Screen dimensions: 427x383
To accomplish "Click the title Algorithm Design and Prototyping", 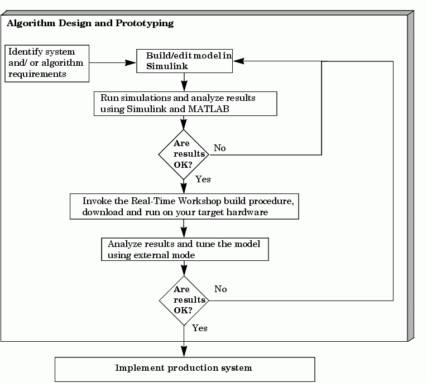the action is pyautogui.click(x=90, y=23).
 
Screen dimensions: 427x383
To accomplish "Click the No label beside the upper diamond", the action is pyautogui.click(x=220, y=148).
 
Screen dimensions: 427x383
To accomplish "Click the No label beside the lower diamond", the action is pyautogui.click(x=220, y=289).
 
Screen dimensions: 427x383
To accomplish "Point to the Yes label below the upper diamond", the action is pyautogui.click(x=203, y=180).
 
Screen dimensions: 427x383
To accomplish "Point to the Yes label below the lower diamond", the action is pyautogui.click(x=200, y=328).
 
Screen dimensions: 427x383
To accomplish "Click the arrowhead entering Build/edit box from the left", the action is pyautogui.click(x=131, y=63).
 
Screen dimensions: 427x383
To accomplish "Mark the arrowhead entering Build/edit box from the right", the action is pyautogui.click(x=239, y=61).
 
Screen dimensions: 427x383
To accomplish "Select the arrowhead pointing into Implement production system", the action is pyautogui.click(x=184, y=351).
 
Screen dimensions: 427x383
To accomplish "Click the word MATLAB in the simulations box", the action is pyautogui.click(x=209, y=109).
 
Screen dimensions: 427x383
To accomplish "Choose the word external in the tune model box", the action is pyautogui.click(x=151, y=255).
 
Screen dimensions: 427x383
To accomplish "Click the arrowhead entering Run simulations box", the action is pyautogui.click(x=184, y=86).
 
